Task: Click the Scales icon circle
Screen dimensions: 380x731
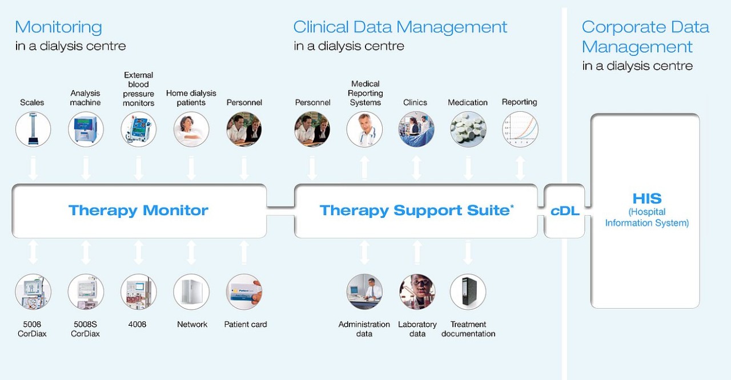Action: tap(33, 130)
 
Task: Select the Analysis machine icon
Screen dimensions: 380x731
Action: tap(86, 130)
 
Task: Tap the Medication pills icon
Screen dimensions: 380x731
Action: tap(468, 130)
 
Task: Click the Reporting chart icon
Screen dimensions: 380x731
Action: tap(520, 130)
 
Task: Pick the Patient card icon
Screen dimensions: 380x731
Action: tap(244, 292)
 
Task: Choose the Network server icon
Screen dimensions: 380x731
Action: tap(191, 292)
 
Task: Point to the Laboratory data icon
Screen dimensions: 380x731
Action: tap(417, 292)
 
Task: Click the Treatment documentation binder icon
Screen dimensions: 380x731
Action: tap(468, 292)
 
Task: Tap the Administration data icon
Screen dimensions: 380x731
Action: tap(364, 292)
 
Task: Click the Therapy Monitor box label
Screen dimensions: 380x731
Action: tap(138, 211)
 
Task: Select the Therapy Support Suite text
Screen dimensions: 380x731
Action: tap(415, 211)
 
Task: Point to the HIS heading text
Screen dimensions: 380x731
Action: tap(646, 199)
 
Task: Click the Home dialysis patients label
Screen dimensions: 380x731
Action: tap(191, 98)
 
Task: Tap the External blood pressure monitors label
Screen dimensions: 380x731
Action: tap(138, 89)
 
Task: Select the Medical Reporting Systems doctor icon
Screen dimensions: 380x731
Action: tap(364, 130)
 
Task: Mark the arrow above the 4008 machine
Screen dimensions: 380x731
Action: tap(138, 252)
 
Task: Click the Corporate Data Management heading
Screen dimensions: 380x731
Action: tap(645, 37)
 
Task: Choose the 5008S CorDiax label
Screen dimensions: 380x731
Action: tap(85, 329)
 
